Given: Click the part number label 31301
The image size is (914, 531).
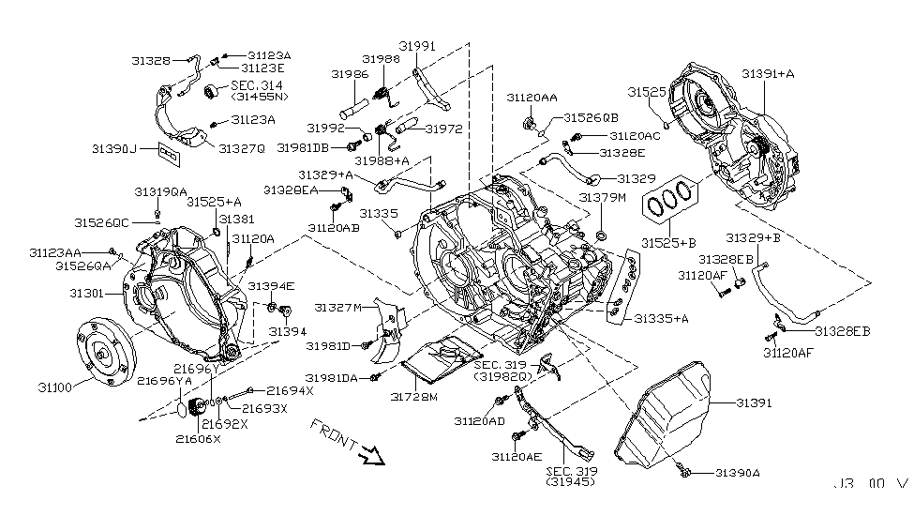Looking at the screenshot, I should pyautogui.click(x=89, y=294).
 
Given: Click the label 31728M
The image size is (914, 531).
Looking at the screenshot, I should pyautogui.click(x=414, y=397).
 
